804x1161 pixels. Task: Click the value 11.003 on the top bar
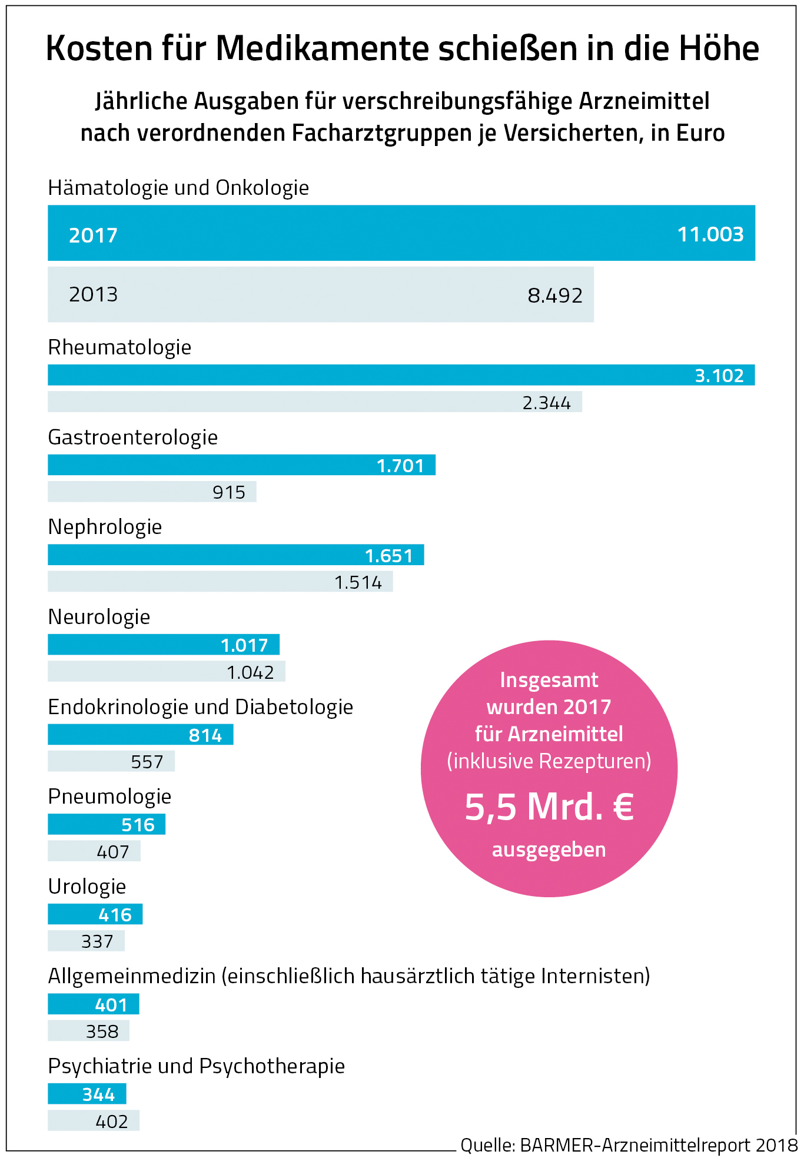click(710, 234)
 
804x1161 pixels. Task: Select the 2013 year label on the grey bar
click(93, 294)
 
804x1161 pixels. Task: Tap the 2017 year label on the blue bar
click(93, 235)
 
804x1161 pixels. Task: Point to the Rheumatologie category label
click(119, 347)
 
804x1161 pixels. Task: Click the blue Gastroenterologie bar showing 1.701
click(241, 465)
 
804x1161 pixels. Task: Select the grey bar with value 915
click(152, 492)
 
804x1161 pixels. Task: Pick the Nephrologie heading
click(105, 527)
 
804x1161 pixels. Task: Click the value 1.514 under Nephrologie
click(358, 582)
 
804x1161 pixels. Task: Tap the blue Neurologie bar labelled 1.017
click(163, 645)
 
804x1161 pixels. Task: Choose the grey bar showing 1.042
click(166, 672)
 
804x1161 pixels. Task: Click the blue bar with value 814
click(140, 735)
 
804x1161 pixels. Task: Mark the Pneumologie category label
click(109, 797)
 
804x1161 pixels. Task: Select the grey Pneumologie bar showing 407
click(94, 851)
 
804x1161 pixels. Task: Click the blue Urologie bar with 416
click(95, 914)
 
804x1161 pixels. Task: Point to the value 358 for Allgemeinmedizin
click(102, 1031)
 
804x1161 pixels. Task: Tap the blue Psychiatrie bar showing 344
click(87, 1094)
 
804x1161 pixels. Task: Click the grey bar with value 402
click(93, 1121)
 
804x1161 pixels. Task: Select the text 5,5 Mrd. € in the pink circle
click(549, 807)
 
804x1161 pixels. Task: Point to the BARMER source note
click(629, 1145)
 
